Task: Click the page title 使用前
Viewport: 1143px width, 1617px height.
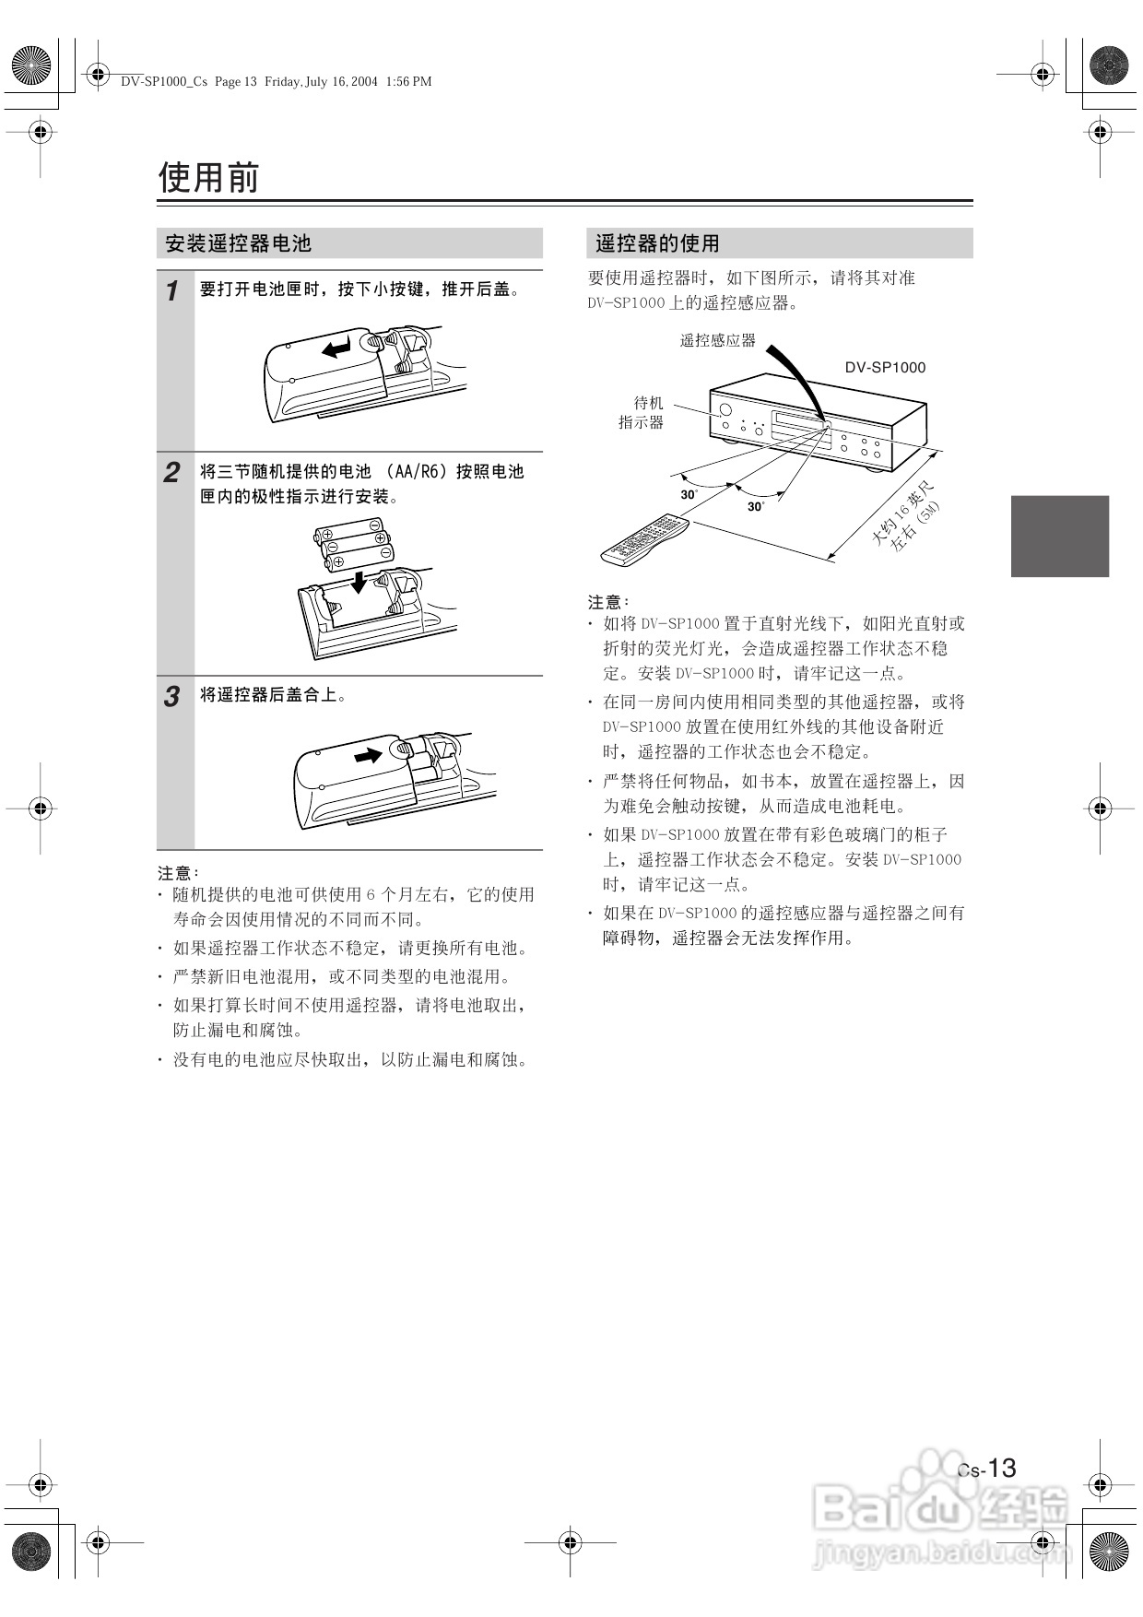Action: [208, 177]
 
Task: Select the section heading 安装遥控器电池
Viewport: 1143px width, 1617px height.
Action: [238, 243]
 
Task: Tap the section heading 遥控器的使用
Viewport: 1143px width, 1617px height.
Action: [657, 243]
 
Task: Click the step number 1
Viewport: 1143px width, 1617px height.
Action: [172, 291]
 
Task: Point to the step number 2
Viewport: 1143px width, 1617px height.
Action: [172, 473]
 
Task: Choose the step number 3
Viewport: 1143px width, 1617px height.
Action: [172, 697]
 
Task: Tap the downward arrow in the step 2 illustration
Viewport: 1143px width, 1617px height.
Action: [359, 581]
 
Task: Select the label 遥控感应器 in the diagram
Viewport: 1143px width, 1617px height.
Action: [717, 340]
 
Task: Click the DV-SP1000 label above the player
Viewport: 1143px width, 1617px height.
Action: [885, 367]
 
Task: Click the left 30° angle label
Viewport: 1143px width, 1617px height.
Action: [689, 494]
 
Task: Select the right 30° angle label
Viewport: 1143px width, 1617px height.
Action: [755, 506]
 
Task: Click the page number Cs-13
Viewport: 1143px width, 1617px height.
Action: [987, 1468]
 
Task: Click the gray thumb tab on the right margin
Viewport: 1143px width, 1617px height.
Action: [1059, 536]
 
